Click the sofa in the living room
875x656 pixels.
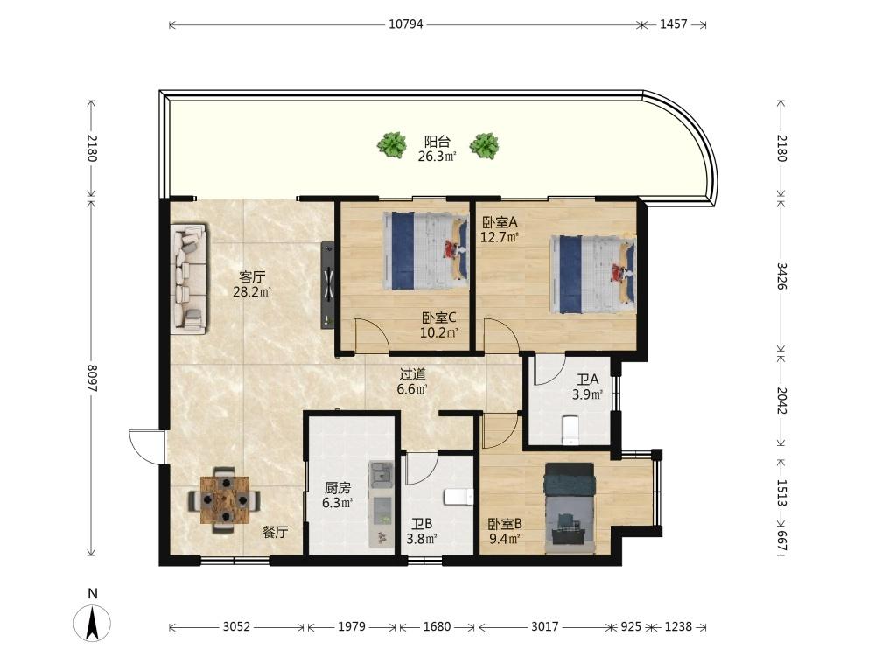click(x=189, y=279)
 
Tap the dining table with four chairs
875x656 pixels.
click(x=224, y=499)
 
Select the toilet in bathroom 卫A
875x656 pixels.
click(x=570, y=430)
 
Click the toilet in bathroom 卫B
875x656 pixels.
click(x=458, y=497)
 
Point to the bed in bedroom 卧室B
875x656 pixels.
click(x=570, y=508)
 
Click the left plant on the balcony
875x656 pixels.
click(x=392, y=145)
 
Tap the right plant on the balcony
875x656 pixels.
click(x=485, y=145)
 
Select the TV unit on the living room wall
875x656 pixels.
click(x=327, y=284)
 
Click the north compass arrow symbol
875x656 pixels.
click(x=93, y=621)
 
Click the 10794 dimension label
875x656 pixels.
click(x=406, y=24)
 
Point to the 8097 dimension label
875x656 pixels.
click(x=92, y=378)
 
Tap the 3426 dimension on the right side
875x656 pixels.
click(x=781, y=276)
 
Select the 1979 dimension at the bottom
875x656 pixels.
click(x=352, y=626)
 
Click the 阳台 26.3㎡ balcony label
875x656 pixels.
click(x=437, y=149)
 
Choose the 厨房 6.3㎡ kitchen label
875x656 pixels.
click(x=338, y=495)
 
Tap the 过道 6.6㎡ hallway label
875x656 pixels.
click(x=412, y=381)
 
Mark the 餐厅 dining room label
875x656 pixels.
click(x=276, y=532)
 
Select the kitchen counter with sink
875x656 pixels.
click(x=381, y=504)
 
